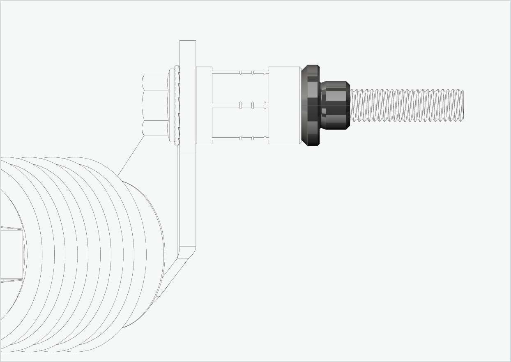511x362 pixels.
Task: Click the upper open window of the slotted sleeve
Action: click(x=240, y=88)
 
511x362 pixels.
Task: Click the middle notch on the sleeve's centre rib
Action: click(x=253, y=106)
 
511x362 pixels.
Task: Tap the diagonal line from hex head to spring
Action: click(x=131, y=156)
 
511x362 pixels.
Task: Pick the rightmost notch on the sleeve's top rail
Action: click(x=265, y=73)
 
